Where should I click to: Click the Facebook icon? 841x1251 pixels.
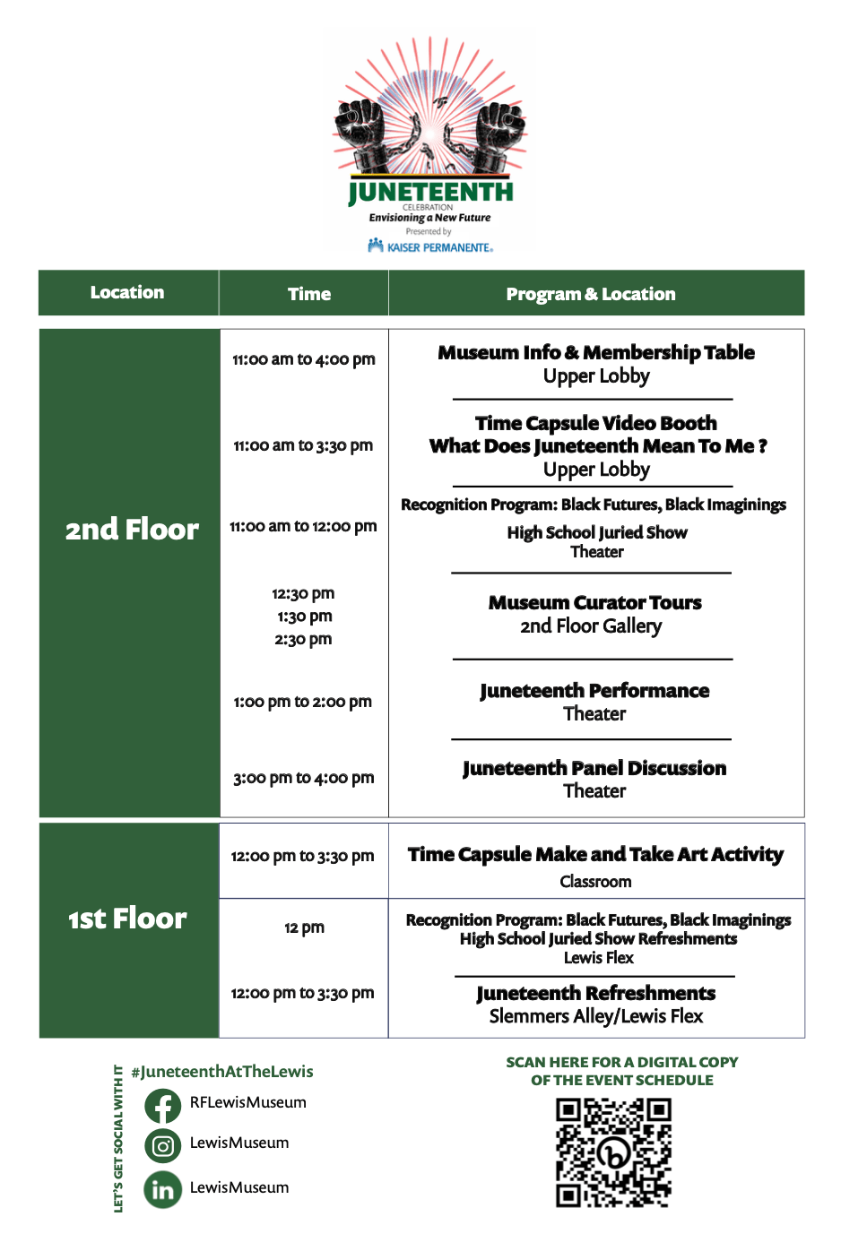click(x=162, y=1106)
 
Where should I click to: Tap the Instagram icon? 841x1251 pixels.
click(x=162, y=1146)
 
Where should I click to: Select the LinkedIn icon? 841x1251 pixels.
click(x=162, y=1190)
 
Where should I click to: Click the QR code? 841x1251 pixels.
click(x=613, y=1152)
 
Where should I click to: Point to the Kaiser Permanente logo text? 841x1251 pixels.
click(x=431, y=246)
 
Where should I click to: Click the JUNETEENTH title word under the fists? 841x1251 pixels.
click(x=431, y=192)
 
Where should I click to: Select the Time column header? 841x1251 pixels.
click(x=309, y=294)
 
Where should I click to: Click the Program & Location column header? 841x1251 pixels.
click(x=591, y=294)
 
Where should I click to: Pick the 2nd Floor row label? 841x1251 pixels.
click(x=132, y=530)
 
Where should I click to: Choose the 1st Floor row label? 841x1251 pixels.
click(x=128, y=919)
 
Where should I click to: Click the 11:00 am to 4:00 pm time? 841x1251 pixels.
click(x=304, y=359)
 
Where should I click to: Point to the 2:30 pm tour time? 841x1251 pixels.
click(x=303, y=639)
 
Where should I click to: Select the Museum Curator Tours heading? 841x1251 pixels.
click(x=594, y=602)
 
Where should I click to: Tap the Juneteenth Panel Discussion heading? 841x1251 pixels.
click(x=594, y=768)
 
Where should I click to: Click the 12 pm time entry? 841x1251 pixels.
click(x=304, y=927)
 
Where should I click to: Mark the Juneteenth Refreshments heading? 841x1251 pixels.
click(x=595, y=993)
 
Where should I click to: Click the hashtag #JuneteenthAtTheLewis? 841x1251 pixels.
click(x=222, y=1072)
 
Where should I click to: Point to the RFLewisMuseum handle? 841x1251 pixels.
click(x=247, y=1102)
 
